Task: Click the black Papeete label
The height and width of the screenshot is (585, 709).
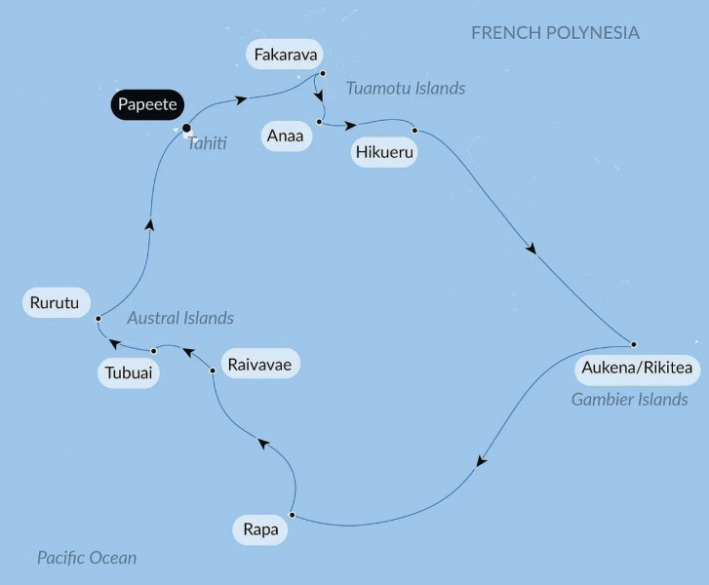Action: click(x=147, y=104)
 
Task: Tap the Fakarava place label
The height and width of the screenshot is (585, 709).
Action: click(x=286, y=55)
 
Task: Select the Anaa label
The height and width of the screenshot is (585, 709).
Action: click(x=286, y=136)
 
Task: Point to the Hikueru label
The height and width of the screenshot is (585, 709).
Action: click(x=384, y=152)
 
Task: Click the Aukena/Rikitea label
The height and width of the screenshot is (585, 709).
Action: click(x=637, y=368)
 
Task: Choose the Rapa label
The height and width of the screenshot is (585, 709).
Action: click(x=260, y=529)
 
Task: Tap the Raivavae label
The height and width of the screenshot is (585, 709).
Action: click(x=259, y=365)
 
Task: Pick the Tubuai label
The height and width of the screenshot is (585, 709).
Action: click(x=129, y=373)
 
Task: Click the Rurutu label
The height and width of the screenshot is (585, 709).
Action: click(x=55, y=302)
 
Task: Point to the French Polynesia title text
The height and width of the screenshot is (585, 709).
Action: click(x=555, y=33)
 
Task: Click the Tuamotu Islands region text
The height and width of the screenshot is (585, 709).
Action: click(x=406, y=88)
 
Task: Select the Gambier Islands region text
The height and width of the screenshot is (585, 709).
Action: click(x=629, y=399)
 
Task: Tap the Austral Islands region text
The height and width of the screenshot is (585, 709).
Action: click(x=180, y=318)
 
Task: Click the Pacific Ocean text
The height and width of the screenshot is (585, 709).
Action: click(x=87, y=558)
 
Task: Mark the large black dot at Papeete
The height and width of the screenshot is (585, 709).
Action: click(x=186, y=128)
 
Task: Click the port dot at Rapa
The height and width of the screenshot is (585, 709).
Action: click(x=293, y=515)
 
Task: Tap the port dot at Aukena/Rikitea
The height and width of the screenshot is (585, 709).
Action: click(x=634, y=344)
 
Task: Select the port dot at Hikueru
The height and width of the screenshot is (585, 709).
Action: click(x=414, y=131)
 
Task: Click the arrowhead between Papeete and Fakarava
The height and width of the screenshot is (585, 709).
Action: click(x=242, y=99)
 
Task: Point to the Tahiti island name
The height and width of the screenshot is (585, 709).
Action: click(x=207, y=143)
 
